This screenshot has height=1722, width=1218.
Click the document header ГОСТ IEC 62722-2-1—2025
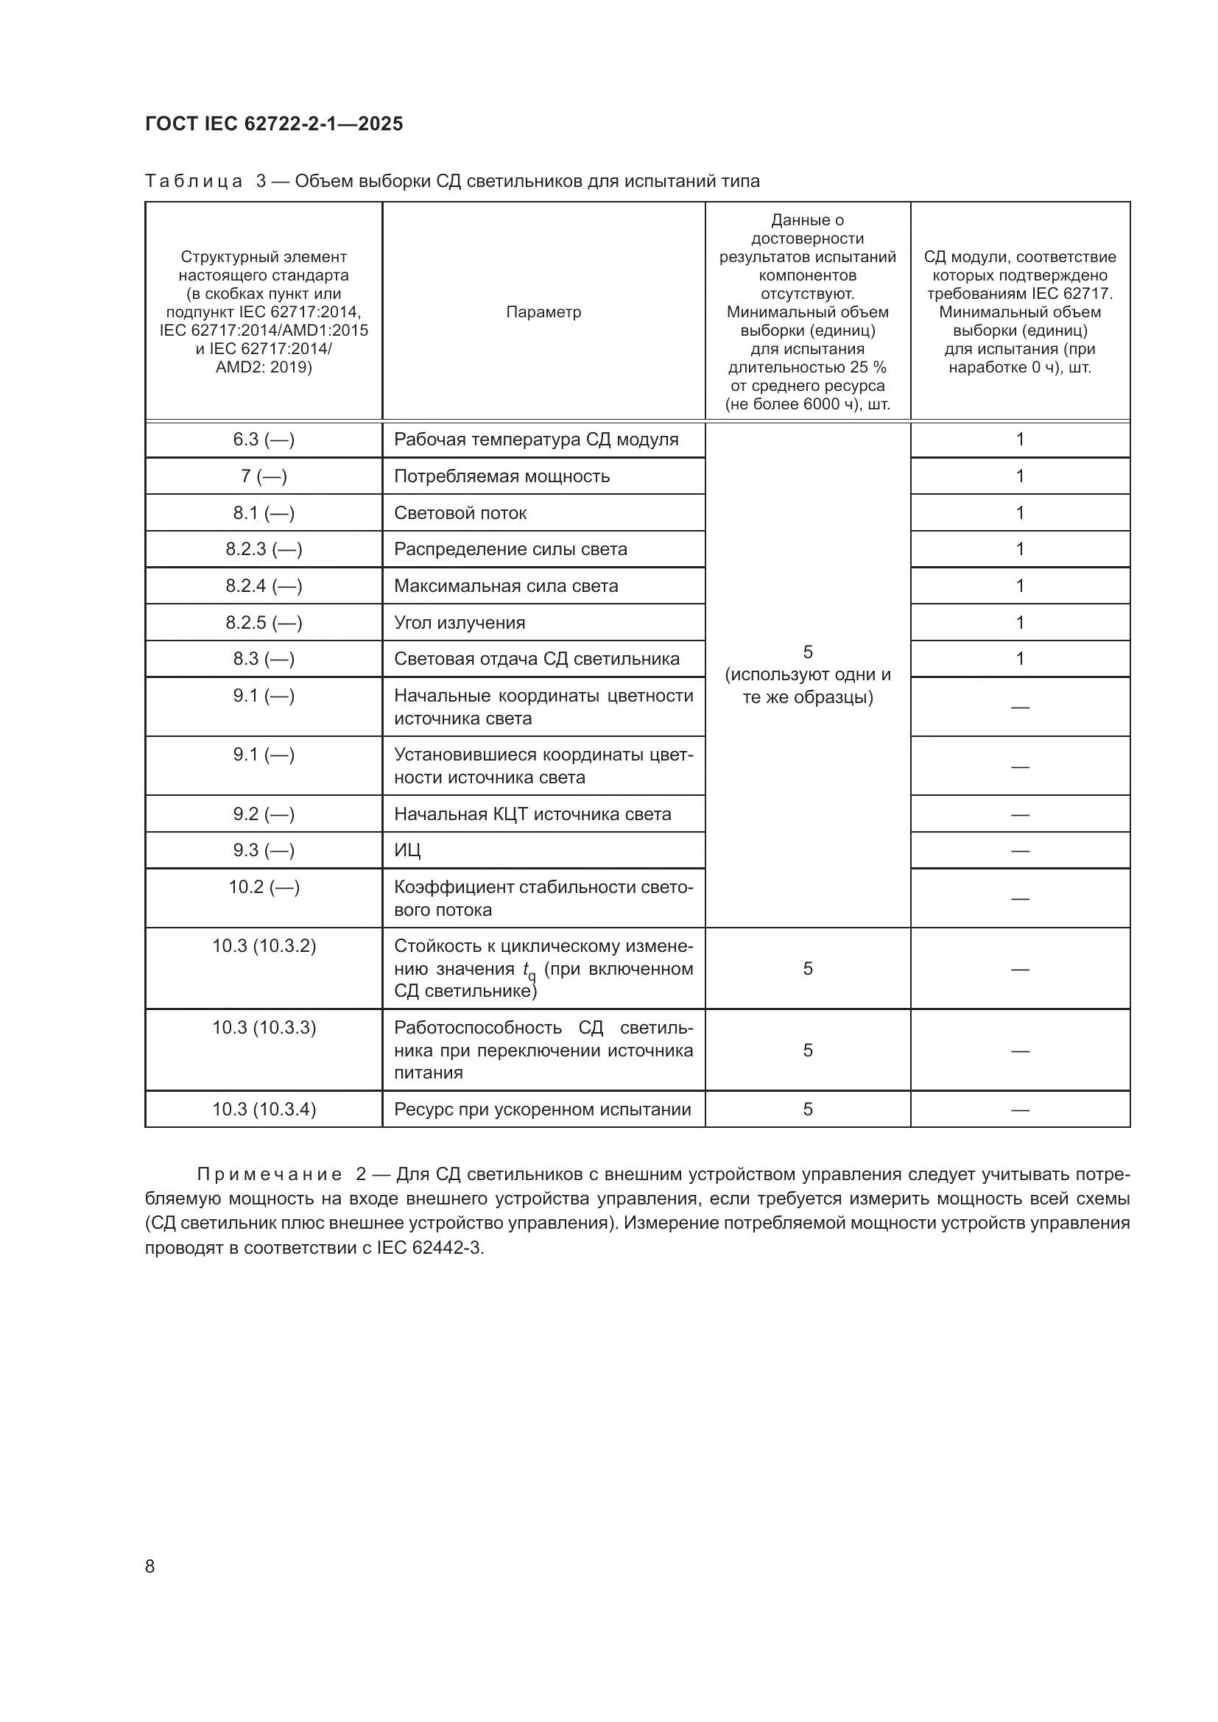pos(274,124)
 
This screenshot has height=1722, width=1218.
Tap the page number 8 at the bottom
pos(150,1566)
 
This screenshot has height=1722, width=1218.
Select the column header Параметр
pos(543,312)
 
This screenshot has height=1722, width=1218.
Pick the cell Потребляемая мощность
pos(501,476)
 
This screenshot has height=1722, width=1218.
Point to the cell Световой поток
pos(460,513)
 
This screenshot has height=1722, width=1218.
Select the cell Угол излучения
pos(459,623)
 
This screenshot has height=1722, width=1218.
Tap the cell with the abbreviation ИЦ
pos(407,850)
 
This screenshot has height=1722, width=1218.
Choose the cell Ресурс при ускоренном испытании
pos(542,1109)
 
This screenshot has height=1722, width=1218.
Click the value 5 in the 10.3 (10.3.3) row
pos(807,1050)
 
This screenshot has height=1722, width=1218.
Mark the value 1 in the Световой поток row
pos(1019,513)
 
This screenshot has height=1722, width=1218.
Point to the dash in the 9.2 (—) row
pos(1019,814)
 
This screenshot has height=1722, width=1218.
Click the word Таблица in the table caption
pos(194,182)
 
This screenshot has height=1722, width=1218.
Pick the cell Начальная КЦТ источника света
pos(532,814)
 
